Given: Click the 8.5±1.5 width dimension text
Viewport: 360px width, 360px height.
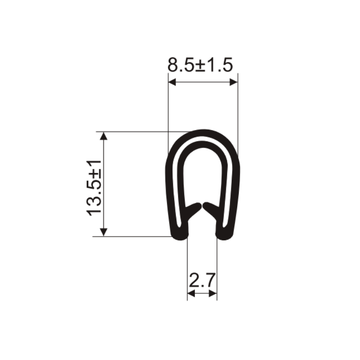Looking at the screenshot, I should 200,66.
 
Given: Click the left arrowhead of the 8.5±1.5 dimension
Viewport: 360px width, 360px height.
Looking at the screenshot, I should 171,82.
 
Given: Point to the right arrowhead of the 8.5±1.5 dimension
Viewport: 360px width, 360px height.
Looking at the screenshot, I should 234,82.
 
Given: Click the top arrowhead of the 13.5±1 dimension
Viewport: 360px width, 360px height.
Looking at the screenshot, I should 104,135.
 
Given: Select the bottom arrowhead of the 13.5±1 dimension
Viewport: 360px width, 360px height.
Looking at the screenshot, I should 104,232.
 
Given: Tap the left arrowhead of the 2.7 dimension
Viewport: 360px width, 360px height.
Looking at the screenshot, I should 190,293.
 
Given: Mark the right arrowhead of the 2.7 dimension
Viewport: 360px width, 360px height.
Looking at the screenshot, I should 214,293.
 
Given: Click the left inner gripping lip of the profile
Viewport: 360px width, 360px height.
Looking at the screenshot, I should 193,209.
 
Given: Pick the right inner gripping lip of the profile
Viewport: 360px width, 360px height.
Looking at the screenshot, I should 211,209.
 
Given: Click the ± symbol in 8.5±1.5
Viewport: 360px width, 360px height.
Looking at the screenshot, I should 201,66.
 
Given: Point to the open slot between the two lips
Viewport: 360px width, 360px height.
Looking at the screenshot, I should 202,225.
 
